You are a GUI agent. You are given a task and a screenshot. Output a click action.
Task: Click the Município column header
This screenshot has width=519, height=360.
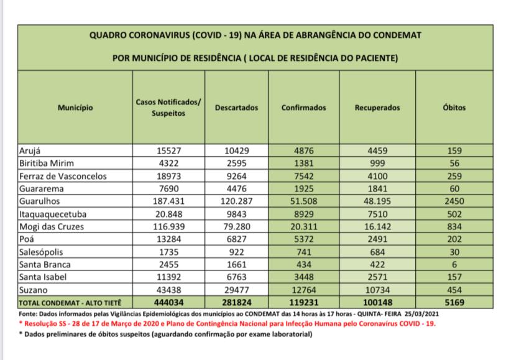coord(75,108)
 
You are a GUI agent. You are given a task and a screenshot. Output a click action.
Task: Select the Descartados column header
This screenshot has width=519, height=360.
coord(236,108)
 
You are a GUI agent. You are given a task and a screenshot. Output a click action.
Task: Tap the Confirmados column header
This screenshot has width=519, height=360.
coord(303,108)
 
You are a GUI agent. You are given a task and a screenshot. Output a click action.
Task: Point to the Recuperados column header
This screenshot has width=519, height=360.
coord(377,108)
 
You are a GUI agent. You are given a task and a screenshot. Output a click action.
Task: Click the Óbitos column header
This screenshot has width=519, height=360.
coord(454,108)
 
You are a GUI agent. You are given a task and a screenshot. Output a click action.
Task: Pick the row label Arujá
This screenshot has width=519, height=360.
coord(32,150)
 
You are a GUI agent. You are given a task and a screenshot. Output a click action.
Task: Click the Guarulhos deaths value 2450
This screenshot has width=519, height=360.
coord(454,201)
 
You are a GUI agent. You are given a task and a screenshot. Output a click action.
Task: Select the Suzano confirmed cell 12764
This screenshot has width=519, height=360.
coord(303,290)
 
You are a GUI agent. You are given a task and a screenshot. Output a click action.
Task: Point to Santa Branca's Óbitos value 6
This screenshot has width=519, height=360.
coord(454,265)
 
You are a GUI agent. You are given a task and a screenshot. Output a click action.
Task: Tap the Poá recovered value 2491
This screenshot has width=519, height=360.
coord(377,239)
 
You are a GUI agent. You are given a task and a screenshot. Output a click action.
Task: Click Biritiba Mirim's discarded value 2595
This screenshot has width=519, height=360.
coord(236,164)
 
